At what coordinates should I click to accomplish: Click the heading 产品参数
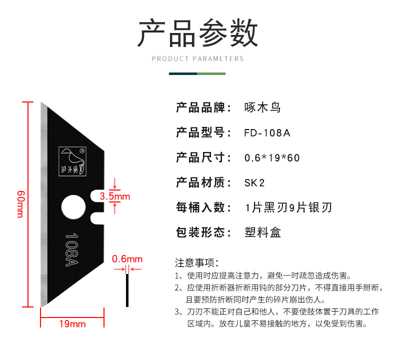coord(197,33)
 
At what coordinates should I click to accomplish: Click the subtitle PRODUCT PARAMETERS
coord(197,59)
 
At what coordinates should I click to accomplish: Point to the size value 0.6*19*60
coord(272,158)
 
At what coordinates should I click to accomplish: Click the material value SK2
coord(254,182)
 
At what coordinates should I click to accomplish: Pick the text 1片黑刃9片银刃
coord(288,207)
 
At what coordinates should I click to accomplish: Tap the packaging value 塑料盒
coord(263,232)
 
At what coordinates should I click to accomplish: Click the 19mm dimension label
coord(72,324)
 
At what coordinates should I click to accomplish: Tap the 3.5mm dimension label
coord(115,196)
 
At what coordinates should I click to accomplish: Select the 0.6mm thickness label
coord(127,259)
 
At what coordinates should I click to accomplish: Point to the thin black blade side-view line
coord(127,290)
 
